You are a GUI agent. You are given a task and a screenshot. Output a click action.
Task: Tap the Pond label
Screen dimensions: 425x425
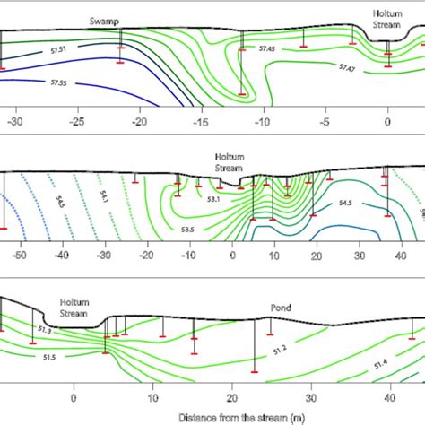[x=281, y=307]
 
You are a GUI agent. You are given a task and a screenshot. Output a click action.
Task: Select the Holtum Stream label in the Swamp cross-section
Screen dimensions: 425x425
[x=388, y=20]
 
